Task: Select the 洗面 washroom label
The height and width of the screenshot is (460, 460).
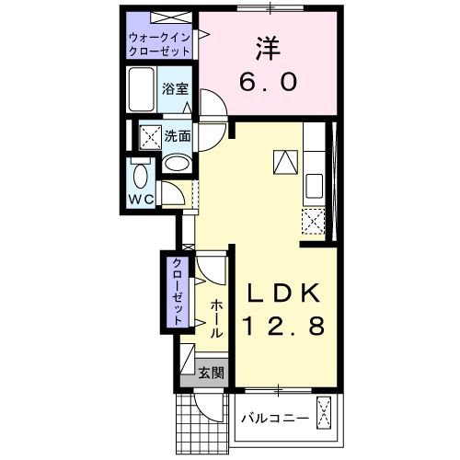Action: point(177,135)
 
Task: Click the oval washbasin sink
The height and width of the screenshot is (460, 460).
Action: point(177,164)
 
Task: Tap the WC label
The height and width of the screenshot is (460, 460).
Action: point(141,199)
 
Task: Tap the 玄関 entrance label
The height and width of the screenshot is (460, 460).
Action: point(211,373)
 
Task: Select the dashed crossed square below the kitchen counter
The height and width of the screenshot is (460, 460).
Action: point(313,221)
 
